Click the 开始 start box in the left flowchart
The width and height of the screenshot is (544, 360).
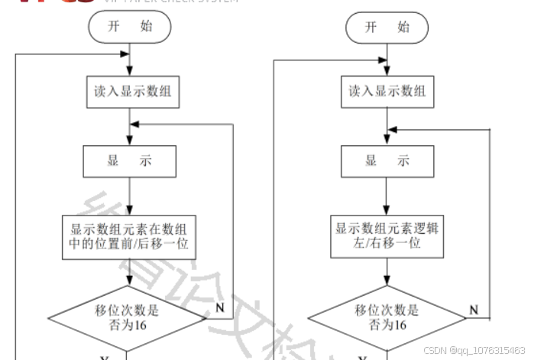pyautogui.click(x=129, y=27)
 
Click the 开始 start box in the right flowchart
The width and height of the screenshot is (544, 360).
pyautogui.click(x=387, y=27)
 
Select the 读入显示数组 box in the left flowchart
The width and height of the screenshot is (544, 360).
pyautogui.click(x=130, y=92)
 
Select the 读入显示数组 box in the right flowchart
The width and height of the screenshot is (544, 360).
pyautogui.click(x=387, y=92)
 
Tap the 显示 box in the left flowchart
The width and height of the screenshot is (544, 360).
pyautogui.click(x=130, y=161)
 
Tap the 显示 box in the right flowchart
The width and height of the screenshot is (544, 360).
pyautogui.click(x=387, y=161)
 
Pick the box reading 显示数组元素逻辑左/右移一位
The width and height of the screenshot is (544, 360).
pyautogui.click(x=387, y=237)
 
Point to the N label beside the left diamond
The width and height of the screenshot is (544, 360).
pyautogui.click(x=220, y=308)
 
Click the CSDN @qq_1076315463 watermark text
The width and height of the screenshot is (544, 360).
pyautogui.click(x=474, y=350)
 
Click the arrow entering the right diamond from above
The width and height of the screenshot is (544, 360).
pyautogui.click(x=387, y=273)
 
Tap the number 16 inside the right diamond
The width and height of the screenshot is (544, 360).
pyautogui.click(x=400, y=326)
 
